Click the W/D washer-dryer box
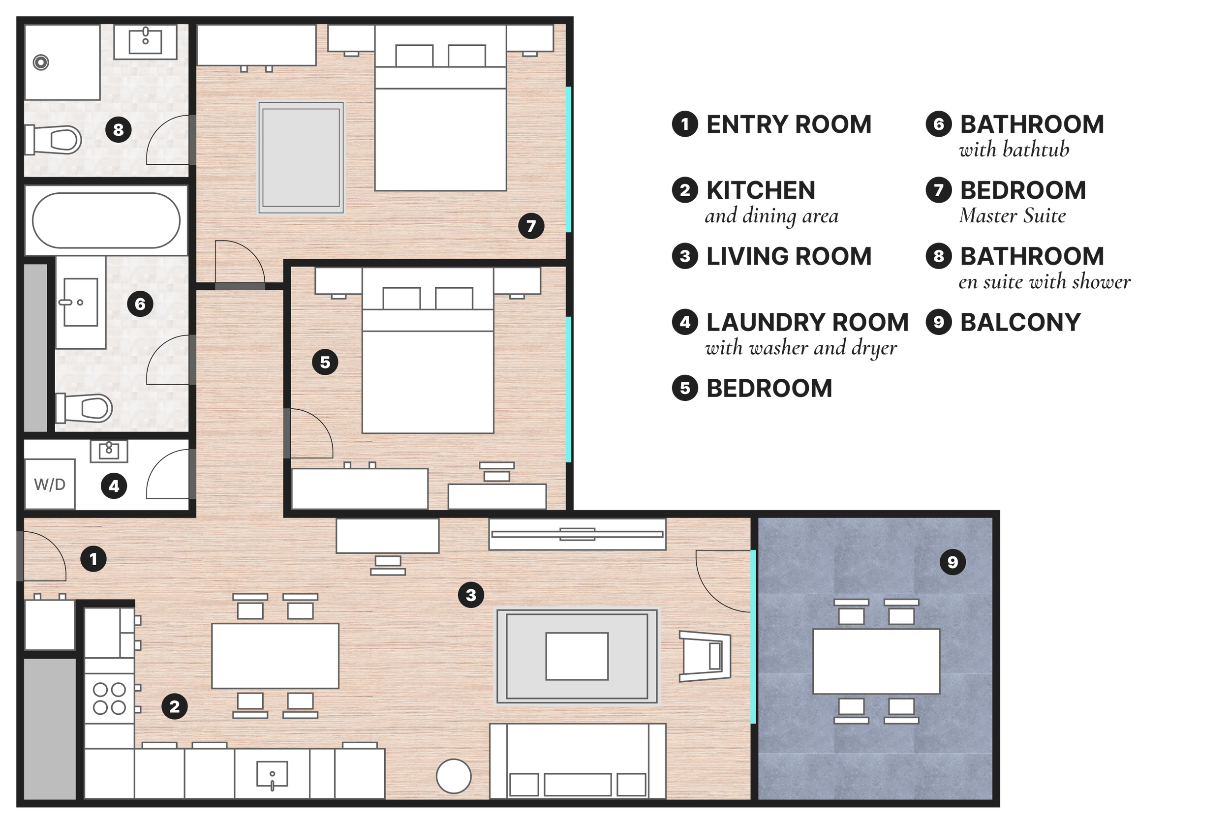click(x=50, y=484)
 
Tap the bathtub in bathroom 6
click(x=106, y=220)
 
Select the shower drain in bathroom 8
click(x=41, y=63)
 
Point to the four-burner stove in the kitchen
click(x=109, y=699)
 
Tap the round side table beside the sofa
click(x=454, y=776)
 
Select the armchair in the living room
click(x=705, y=656)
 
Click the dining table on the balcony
click(x=876, y=661)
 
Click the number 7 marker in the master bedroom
click(x=531, y=226)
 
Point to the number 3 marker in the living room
click(x=471, y=595)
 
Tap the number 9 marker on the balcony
click(x=953, y=562)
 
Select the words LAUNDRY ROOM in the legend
click(x=807, y=322)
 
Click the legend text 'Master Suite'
click(x=1013, y=216)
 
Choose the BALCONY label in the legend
click(x=1020, y=322)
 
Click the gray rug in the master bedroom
click(x=301, y=157)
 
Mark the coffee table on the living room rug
click(x=577, y=656)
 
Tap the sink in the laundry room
click(x=109, y=451)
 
